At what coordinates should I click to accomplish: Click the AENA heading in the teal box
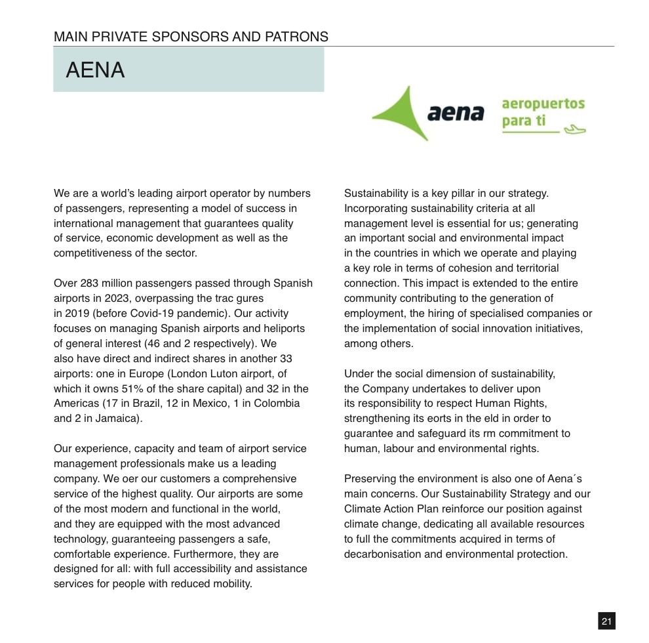pos(95,70)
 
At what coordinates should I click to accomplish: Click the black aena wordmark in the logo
pos(456,113)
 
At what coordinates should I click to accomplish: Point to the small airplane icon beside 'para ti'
pos(574,128)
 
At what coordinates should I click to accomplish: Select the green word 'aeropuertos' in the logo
pos(543,104)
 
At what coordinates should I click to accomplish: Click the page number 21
pos(606,621)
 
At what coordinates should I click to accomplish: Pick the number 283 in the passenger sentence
pos(89,283)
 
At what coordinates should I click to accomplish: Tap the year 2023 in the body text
pos(115,299)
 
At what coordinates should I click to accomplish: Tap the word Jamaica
pos(119,419)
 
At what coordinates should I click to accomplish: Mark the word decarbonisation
pos(382,554)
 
